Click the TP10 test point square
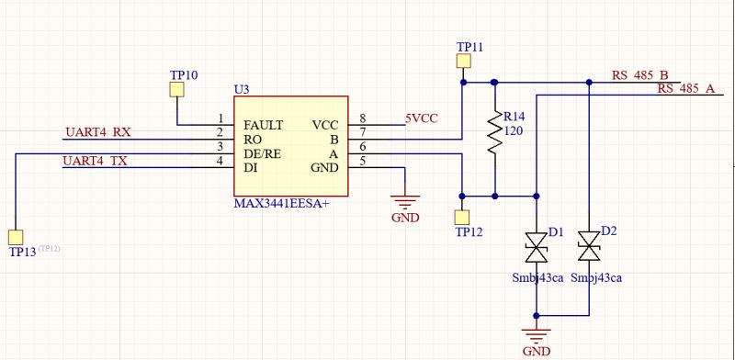click(176, 89)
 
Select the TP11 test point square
click(464, 62)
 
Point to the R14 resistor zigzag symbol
click(496, 138)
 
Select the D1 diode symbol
click(536, 246)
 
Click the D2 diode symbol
click(588, 246)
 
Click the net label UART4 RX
click(97, 132)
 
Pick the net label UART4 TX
click(96, 161)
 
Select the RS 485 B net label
click(639, 74)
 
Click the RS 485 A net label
click(686, 89)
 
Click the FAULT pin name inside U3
click(263, 124)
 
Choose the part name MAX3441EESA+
click(280, 204)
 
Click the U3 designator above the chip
click(242, 89)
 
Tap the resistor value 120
click(514, 131)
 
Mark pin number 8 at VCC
click(363, 118)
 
